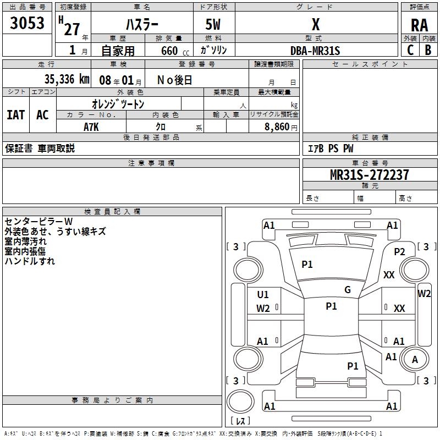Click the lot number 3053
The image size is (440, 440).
28,23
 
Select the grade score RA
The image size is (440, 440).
419,25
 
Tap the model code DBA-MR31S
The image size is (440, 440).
315,51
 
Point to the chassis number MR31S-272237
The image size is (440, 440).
369,175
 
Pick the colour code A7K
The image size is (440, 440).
91,126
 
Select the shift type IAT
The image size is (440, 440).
15,114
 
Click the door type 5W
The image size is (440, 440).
214,25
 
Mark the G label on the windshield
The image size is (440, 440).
347,290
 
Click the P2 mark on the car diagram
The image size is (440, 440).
399,251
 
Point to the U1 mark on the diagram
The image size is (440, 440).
263,295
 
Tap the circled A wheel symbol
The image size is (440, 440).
415,359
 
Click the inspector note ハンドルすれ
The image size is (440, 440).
30,261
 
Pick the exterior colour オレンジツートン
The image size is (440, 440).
118,104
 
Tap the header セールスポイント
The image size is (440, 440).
370,64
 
